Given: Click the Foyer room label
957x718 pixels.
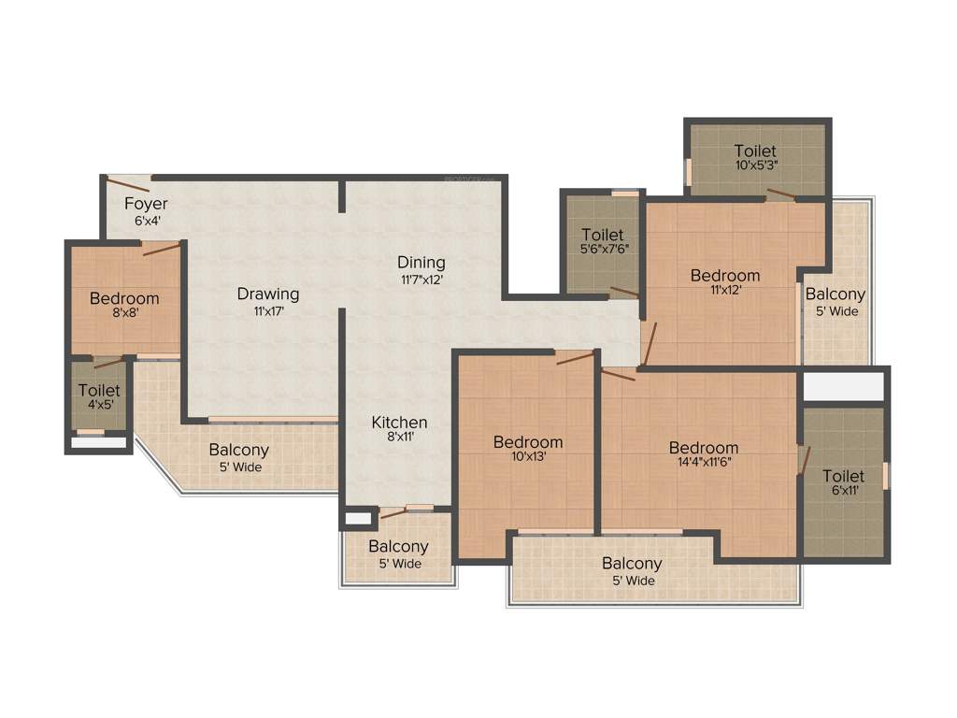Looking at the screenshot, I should click(x=146, y=204).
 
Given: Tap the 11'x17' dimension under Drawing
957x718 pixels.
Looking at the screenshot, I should click(x=267, y=311).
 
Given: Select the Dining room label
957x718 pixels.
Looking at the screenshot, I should click(x=421, y=262).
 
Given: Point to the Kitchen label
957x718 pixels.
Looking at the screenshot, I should click(x=399, y=423).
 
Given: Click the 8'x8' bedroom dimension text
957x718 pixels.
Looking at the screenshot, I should click(x=124, y=314).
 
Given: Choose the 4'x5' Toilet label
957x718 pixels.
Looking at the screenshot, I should click(x=99, y=390).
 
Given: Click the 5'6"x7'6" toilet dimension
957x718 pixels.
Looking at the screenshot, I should click(x=603, y=251).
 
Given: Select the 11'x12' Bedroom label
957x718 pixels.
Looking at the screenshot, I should click(x=724, y=275).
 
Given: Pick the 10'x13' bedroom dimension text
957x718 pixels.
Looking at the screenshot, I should click(x=528, y=458).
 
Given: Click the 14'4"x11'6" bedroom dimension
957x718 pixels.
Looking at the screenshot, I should click(x=703, y=463).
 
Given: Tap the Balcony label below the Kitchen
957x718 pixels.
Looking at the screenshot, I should click(x=398, y=546).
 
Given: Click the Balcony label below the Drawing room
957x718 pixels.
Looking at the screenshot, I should click(x=239, y=450).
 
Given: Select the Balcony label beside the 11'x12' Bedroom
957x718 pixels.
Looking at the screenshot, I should click(x=835, y=294).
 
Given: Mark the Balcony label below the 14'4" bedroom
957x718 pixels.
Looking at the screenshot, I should click(x=632, y=563).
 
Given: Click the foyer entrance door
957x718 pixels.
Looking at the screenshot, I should click(x=121, y=182).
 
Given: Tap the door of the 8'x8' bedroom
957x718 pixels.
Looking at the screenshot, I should click(x=161, y=249).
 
